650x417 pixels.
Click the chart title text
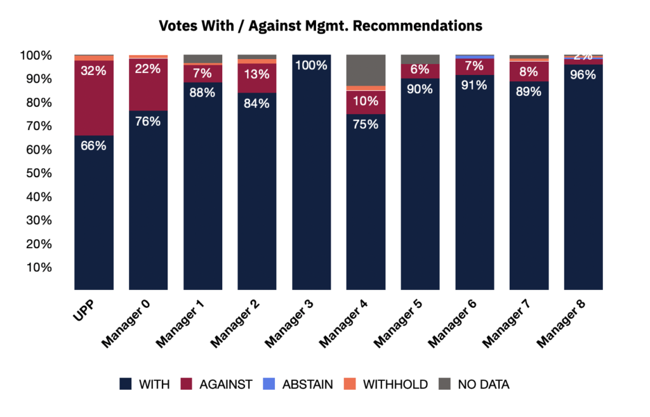coord(321,26)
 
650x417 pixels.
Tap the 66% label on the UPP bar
coord(93,145)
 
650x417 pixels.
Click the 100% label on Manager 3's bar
coord(312,65)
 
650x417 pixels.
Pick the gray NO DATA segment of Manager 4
coord(366,70)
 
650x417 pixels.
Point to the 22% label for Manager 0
coord(148,69)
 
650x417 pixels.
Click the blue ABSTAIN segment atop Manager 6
coord(475,56)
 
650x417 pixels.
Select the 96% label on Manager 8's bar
coord(583,75)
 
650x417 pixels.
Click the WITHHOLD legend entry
coord(387,384)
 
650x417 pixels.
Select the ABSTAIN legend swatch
coord(271,384)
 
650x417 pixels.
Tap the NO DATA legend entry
coord(475,384)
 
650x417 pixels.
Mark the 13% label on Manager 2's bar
coord(257,74)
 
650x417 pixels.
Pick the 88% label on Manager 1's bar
coord(202,92)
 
